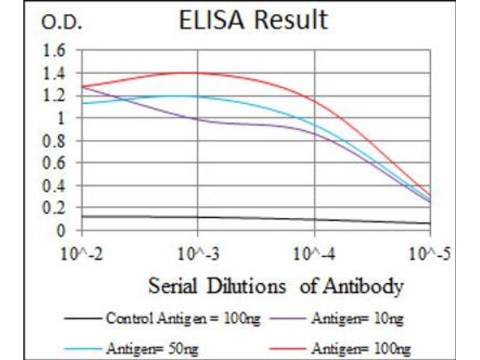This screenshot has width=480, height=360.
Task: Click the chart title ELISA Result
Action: coord(253,20)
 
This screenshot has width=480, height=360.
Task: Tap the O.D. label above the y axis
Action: coord(61,23)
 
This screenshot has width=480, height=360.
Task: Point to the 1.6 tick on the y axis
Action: coord(52,51)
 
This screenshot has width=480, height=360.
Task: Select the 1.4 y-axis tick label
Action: coord(52,74)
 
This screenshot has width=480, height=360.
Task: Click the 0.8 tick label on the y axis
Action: coord(52,141)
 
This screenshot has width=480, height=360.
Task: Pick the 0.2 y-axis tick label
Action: coord(52,208)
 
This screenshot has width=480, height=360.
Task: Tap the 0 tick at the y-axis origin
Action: coord(60,230)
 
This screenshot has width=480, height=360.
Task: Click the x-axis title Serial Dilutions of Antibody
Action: coord(275,286)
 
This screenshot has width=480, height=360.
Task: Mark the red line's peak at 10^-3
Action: coord(198,73)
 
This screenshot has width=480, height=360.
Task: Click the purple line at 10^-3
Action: coord(198,119)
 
